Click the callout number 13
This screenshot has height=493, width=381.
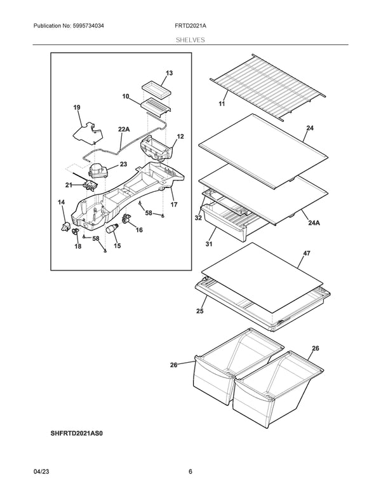pos(169,73)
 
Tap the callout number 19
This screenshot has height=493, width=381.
pos(77,108)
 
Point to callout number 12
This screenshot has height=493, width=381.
pos(180,137)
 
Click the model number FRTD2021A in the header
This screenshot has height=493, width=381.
pos(190,25)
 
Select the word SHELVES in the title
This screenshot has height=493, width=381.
pos(190,39)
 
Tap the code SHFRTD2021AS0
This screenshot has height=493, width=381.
pos(76,433)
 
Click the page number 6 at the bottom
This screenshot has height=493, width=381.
pos(190,472)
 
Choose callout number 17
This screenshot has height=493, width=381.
pos(173,205)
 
